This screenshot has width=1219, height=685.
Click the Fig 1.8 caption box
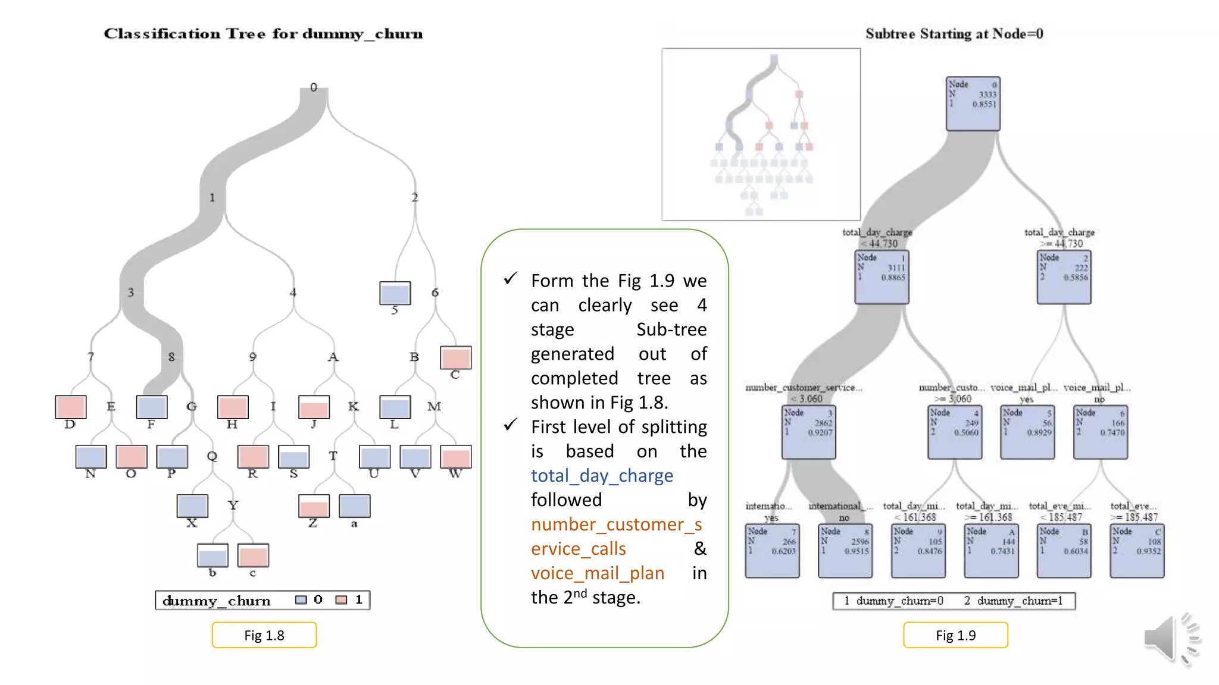click(x=264, y=635)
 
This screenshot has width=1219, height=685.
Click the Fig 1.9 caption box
click(x=955, y=635)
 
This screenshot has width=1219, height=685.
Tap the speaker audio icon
click(x=1170, y=639)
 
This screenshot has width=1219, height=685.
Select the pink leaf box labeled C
click(x=455, y=358)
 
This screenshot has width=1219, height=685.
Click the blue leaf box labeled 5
click(x=395, y=293)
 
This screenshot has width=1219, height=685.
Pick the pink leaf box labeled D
click(x=70, y=407)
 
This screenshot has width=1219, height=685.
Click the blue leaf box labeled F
click(x=151, y=407)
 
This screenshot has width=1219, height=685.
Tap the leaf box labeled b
click(x=212, y=555)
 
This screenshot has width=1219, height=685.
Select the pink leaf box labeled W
click(x=455, y=457)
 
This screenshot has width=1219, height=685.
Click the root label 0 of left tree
click(x=314, y=87)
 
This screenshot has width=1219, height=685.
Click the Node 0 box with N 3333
click(x=973, y=103)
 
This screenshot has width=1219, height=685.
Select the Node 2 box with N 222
click(x=1064, y=277)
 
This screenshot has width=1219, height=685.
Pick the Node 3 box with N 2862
click(x=808, y=432)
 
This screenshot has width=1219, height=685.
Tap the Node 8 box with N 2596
click(x=845, y=551)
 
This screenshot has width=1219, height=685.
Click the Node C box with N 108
click(x=1136, y=551)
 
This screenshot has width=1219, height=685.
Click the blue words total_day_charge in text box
click(x=602, y=476)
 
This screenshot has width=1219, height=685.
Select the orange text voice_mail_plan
click(x=597, y=573)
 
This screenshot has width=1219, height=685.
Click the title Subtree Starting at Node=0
click(x=954, y=34)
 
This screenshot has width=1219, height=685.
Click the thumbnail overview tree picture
click(x=761, y=134)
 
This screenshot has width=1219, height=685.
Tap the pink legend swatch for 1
click(x=341, y=600)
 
